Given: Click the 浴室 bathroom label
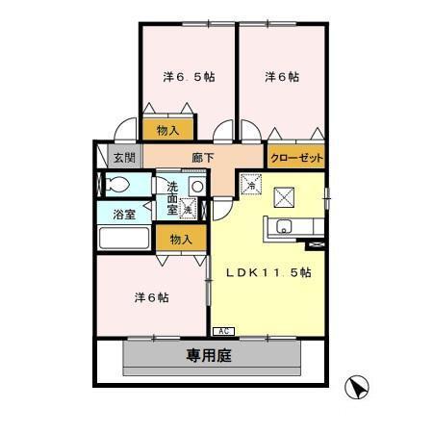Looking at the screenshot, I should click(x=123, y=214).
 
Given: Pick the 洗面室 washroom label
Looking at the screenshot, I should click(x=173, y=196).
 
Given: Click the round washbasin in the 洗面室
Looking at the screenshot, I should click(x=196, y=187).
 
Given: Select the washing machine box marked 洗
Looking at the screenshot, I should click(x=189, y=207).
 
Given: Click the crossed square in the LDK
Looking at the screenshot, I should click(x=286, y=197).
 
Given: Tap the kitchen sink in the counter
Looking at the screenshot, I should click(x=284, y=227).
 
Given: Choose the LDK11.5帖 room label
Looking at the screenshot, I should click(x=268, y=272).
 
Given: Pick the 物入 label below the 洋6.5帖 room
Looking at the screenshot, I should click(x=167, y=129).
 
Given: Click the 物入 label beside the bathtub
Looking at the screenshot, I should click(x=182, y=239).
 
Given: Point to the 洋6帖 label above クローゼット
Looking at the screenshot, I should click(x=281, y=76).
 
